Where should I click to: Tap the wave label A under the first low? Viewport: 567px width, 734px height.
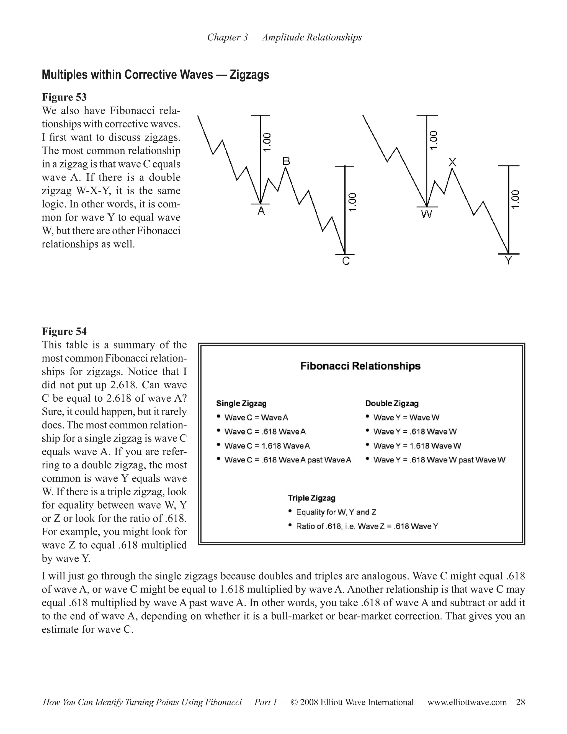[261, 211]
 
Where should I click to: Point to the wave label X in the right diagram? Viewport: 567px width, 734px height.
[452, 163]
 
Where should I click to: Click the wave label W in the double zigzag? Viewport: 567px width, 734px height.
[427, 214]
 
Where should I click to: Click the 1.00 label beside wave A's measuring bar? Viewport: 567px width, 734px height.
[267, 142]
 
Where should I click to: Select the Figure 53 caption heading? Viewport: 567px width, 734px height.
[64, 97]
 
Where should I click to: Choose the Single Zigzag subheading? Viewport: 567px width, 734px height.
[241, 403]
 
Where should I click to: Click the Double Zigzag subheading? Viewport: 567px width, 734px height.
[392, 403]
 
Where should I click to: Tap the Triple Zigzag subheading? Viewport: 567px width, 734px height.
[311, 498]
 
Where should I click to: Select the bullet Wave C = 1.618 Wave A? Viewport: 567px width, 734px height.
[267, 446]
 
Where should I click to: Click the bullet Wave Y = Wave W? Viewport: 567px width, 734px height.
[406, 418]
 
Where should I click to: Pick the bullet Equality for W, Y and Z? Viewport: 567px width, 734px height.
[336, 512]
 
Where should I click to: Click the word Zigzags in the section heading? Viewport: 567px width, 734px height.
[249, 75]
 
